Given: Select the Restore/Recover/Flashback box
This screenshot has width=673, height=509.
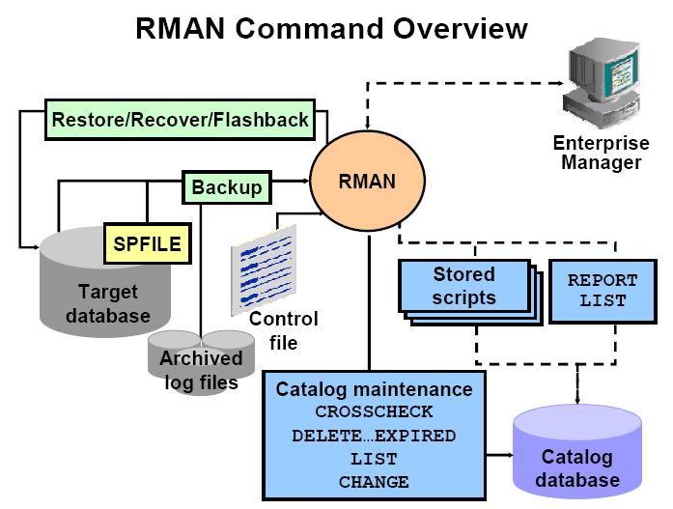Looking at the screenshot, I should coord(181,121).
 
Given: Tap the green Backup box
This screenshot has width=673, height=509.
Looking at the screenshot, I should coord(226,187).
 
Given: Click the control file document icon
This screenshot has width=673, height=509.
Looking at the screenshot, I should coord(263,268).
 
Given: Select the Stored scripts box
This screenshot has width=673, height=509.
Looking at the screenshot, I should coord(463,286).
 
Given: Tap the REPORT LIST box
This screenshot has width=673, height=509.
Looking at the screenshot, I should coord(603,290).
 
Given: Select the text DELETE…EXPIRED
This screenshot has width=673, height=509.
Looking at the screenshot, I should coord(375,437).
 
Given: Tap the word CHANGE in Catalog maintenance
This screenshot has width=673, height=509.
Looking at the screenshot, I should coord(375,482).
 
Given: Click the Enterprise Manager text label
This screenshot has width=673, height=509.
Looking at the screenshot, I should coord(601,154).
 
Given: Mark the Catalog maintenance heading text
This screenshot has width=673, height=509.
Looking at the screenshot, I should coord(375,390).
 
